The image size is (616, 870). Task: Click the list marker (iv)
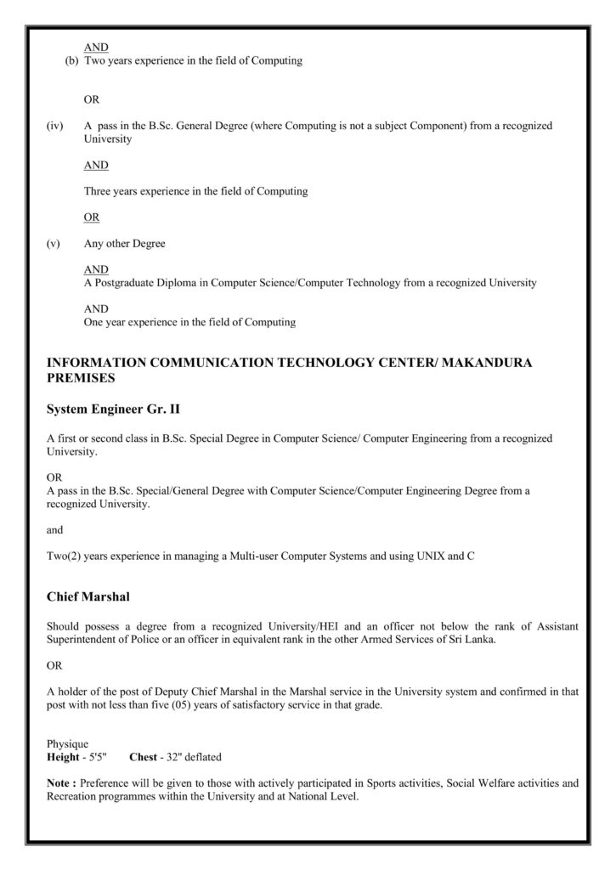(x=54, y=125)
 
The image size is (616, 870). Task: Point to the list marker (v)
(x=54, y=244)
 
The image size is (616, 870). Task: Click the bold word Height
(x=62, y=755)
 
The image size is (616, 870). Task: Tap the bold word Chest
(x=143, y=755)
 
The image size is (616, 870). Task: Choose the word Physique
(x=67, y=743)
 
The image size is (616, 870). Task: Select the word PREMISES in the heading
(x=81, y=377)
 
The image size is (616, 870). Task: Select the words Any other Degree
(x=124, y=244)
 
